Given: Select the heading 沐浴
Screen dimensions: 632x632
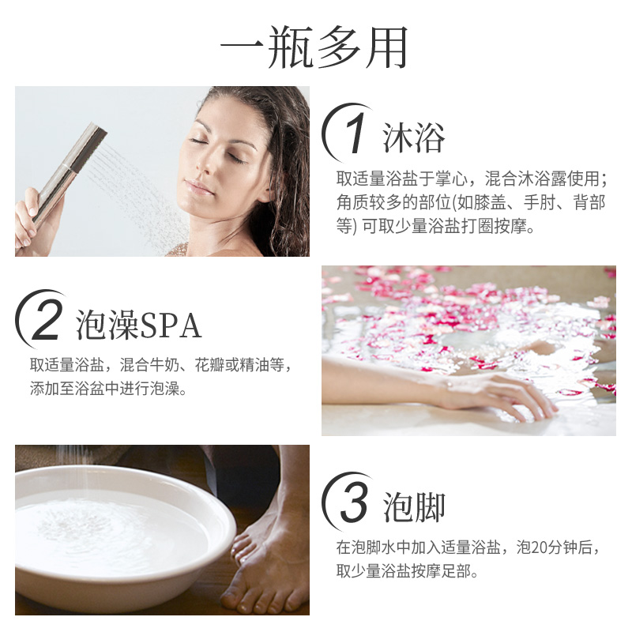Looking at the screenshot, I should (x=414, y=137).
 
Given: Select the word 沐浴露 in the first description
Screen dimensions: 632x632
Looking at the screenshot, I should (x=555, y=179).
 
